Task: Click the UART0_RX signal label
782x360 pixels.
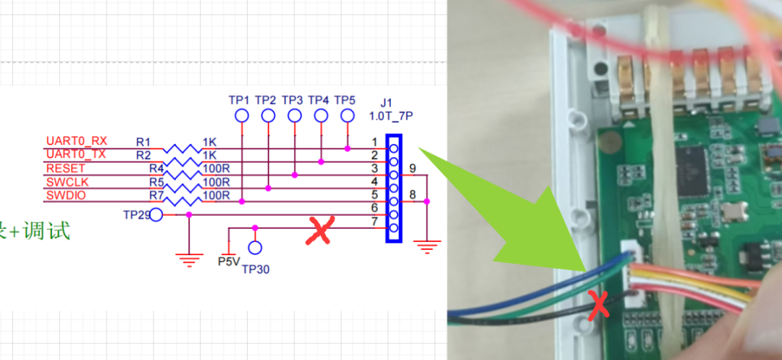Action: coord(77,141)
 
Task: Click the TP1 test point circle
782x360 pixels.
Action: coord(242,116)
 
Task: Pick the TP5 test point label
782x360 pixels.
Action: coord(346,99)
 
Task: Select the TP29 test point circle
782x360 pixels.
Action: coord(156,214)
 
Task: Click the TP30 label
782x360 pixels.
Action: coord(256,269)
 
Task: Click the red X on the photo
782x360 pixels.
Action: coord(599,306)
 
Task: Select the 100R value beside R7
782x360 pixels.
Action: coord(216,196)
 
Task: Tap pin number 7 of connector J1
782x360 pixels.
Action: coord(374,221)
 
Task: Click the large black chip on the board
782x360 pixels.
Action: coord(697,167)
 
